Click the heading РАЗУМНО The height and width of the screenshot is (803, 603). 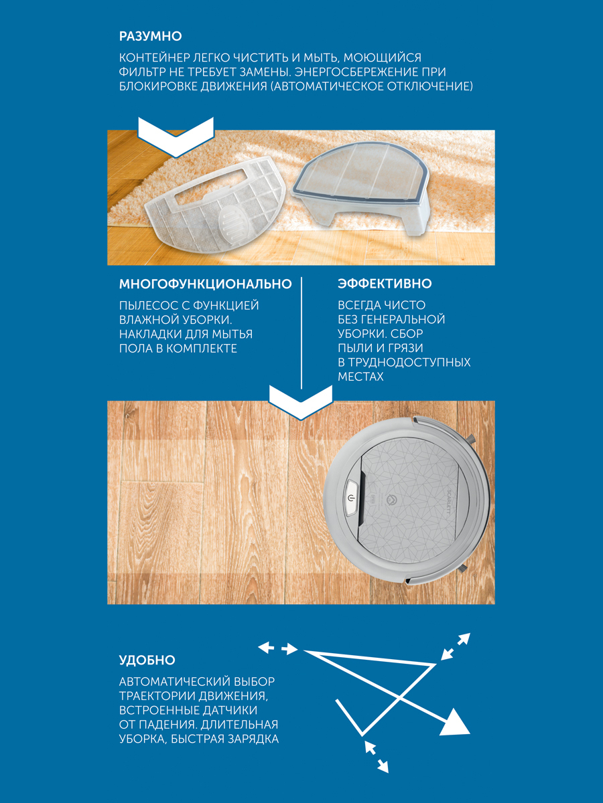[151, 36]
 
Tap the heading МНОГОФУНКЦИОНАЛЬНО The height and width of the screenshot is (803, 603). [206, 284]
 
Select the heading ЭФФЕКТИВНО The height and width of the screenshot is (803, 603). [385, 284]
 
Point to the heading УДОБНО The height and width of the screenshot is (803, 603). [147, 660]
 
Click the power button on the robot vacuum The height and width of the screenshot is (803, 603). [351, 498]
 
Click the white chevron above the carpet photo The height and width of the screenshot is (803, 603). [176, 137]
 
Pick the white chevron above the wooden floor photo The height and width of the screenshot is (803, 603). [301, 402]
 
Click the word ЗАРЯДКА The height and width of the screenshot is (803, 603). [253, 739]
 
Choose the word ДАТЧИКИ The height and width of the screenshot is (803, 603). [230, 710]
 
